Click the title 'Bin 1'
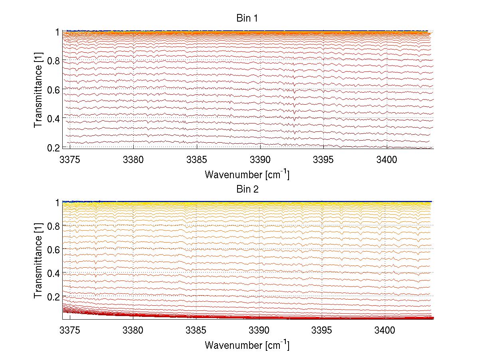(x=247, y=18)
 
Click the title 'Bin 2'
(x=247, y=189)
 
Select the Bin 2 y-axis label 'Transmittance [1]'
(x=38, y=260)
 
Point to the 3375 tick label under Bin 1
(x=70, y=160)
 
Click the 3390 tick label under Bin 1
(x=260, y=160)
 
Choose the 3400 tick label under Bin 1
(x=387, y=160)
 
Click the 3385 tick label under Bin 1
(x=197, y=160)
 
